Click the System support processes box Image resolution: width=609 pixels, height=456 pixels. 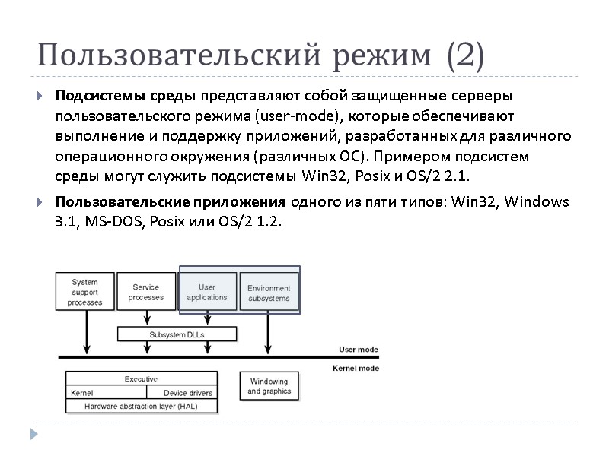[85, 292]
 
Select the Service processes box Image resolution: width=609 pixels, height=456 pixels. [145, 292]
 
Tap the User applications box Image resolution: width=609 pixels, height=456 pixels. [207, 293]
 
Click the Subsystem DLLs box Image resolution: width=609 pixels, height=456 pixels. [177, 334]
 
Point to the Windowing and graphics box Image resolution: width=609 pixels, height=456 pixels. [269, 387]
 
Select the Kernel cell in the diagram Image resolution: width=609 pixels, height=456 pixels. [82, 393]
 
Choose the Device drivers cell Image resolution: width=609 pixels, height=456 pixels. [189, 393]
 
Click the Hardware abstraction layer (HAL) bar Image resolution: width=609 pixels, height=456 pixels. [142, 406]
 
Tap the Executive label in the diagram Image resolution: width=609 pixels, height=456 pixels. [142, 378]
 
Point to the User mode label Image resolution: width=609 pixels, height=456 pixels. [358, 350]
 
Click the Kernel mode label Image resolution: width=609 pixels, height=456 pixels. [356, 368]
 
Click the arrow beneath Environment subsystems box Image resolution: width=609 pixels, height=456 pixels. [267, 334]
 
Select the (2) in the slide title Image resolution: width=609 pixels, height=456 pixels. [465, 56]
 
